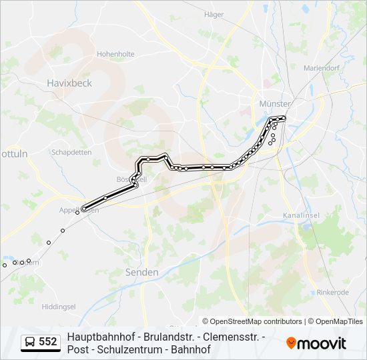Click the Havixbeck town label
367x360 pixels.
(69, 83)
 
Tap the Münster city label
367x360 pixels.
(274, 104)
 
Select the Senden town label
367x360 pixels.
(142, 272)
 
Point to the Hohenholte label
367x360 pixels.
(115, 54)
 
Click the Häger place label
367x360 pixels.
(214, 14)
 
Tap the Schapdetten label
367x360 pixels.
(71, 152)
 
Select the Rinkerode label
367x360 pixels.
(334, 292)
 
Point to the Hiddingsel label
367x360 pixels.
(59, 306)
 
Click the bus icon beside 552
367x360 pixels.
(30, 342)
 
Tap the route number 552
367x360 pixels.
(48, 342)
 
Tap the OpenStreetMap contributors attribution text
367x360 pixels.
(252, 321)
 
